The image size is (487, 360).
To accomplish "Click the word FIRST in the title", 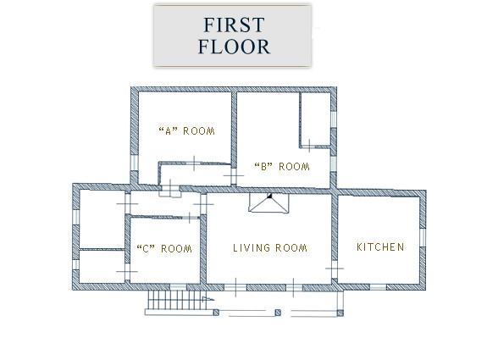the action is point(234,25).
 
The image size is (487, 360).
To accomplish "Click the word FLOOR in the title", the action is point(234,47).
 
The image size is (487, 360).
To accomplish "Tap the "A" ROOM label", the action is point(186,131).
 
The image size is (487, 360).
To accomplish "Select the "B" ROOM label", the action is point(282,167).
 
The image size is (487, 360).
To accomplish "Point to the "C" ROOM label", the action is point(164,248).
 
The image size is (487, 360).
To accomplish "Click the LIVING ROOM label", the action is point(270,248).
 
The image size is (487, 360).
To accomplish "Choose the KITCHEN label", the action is point(380,247).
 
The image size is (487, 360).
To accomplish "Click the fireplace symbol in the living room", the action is point(268,202).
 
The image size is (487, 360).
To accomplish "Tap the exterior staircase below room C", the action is point(177,300).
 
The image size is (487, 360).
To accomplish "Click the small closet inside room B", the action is point(315,119).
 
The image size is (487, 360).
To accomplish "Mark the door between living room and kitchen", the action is point(335,269).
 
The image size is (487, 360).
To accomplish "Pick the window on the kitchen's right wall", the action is point(423,238).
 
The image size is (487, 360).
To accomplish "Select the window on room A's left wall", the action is point(134,163).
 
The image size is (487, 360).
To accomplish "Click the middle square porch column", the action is point(278,313).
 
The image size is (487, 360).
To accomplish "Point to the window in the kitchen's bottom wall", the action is point(378,287).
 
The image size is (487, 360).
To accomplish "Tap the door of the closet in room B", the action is point(309,146).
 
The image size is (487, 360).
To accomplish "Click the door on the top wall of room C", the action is point(190,218).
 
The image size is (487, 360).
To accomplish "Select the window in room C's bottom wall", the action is point(178,287).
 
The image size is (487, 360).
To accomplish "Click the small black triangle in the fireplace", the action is point(269,196).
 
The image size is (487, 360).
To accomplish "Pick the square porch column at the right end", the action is point(340,313).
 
